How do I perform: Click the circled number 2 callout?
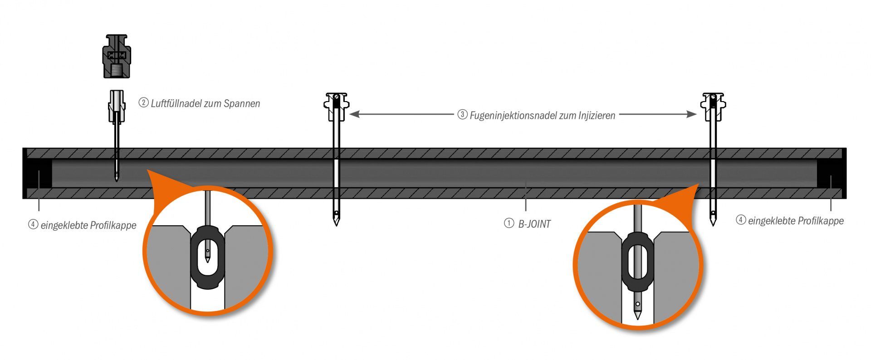coord(143,103)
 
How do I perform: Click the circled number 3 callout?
coord(462,115)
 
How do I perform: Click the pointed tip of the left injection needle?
coord(336,223)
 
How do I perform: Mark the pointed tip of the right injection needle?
coord(713,223)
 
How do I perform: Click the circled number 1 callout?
coord(509,223)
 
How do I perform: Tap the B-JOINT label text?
coord(534,224)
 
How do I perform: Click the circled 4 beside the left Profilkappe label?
coord(33,224)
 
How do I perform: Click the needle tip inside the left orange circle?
coord(207,259)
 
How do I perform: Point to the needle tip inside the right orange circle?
coord(638,315)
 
